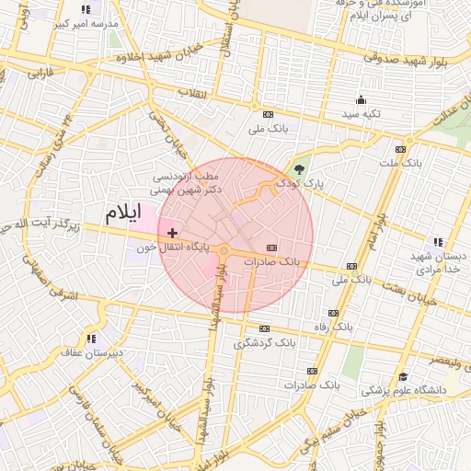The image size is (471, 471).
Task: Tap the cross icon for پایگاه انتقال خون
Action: (172, 234)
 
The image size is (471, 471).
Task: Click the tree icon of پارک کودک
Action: (299, 168)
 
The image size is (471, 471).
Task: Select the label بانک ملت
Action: (400, 163)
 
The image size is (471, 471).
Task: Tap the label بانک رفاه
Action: (334, 327)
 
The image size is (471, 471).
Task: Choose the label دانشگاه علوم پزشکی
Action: (402, 390)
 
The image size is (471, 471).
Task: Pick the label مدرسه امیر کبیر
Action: (86, 23)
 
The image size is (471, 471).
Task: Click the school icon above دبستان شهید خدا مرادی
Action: (437, 242)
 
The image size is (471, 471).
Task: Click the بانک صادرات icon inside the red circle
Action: (271, 247)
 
